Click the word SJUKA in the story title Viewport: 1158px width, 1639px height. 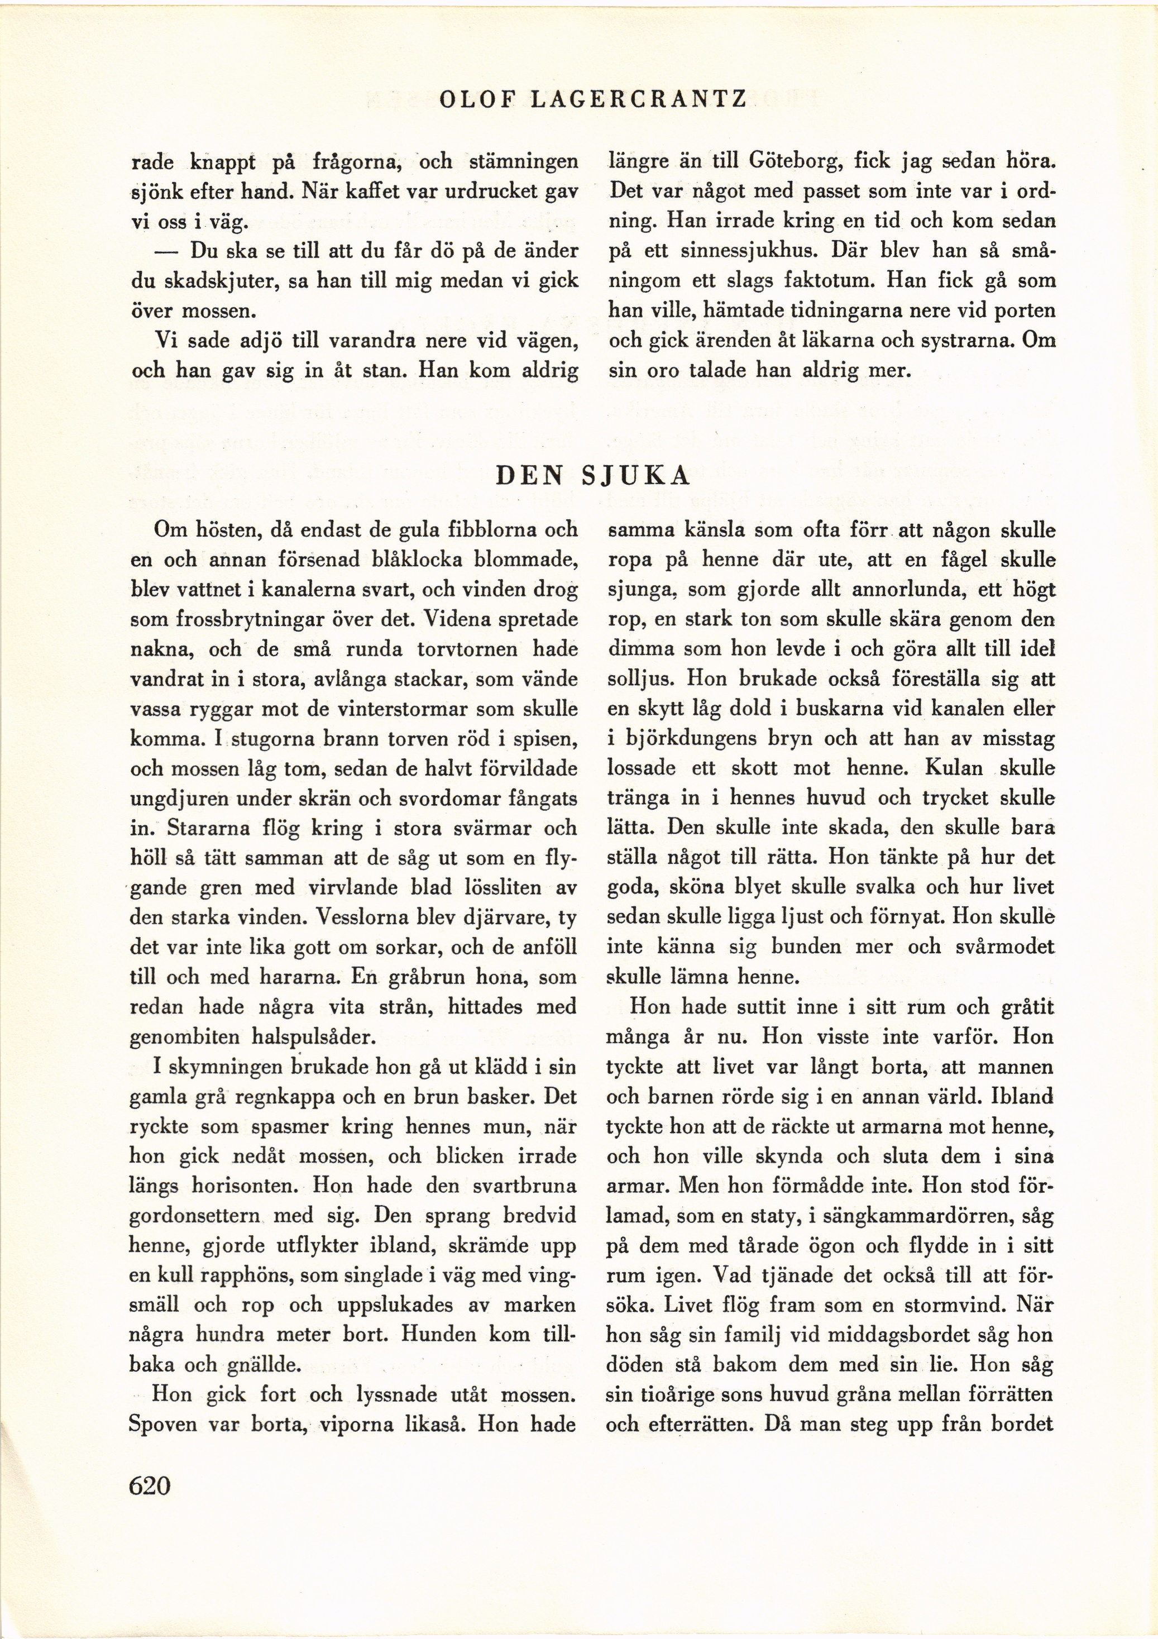pos(636,476)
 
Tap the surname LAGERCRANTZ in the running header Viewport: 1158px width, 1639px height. pos(638,99)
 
